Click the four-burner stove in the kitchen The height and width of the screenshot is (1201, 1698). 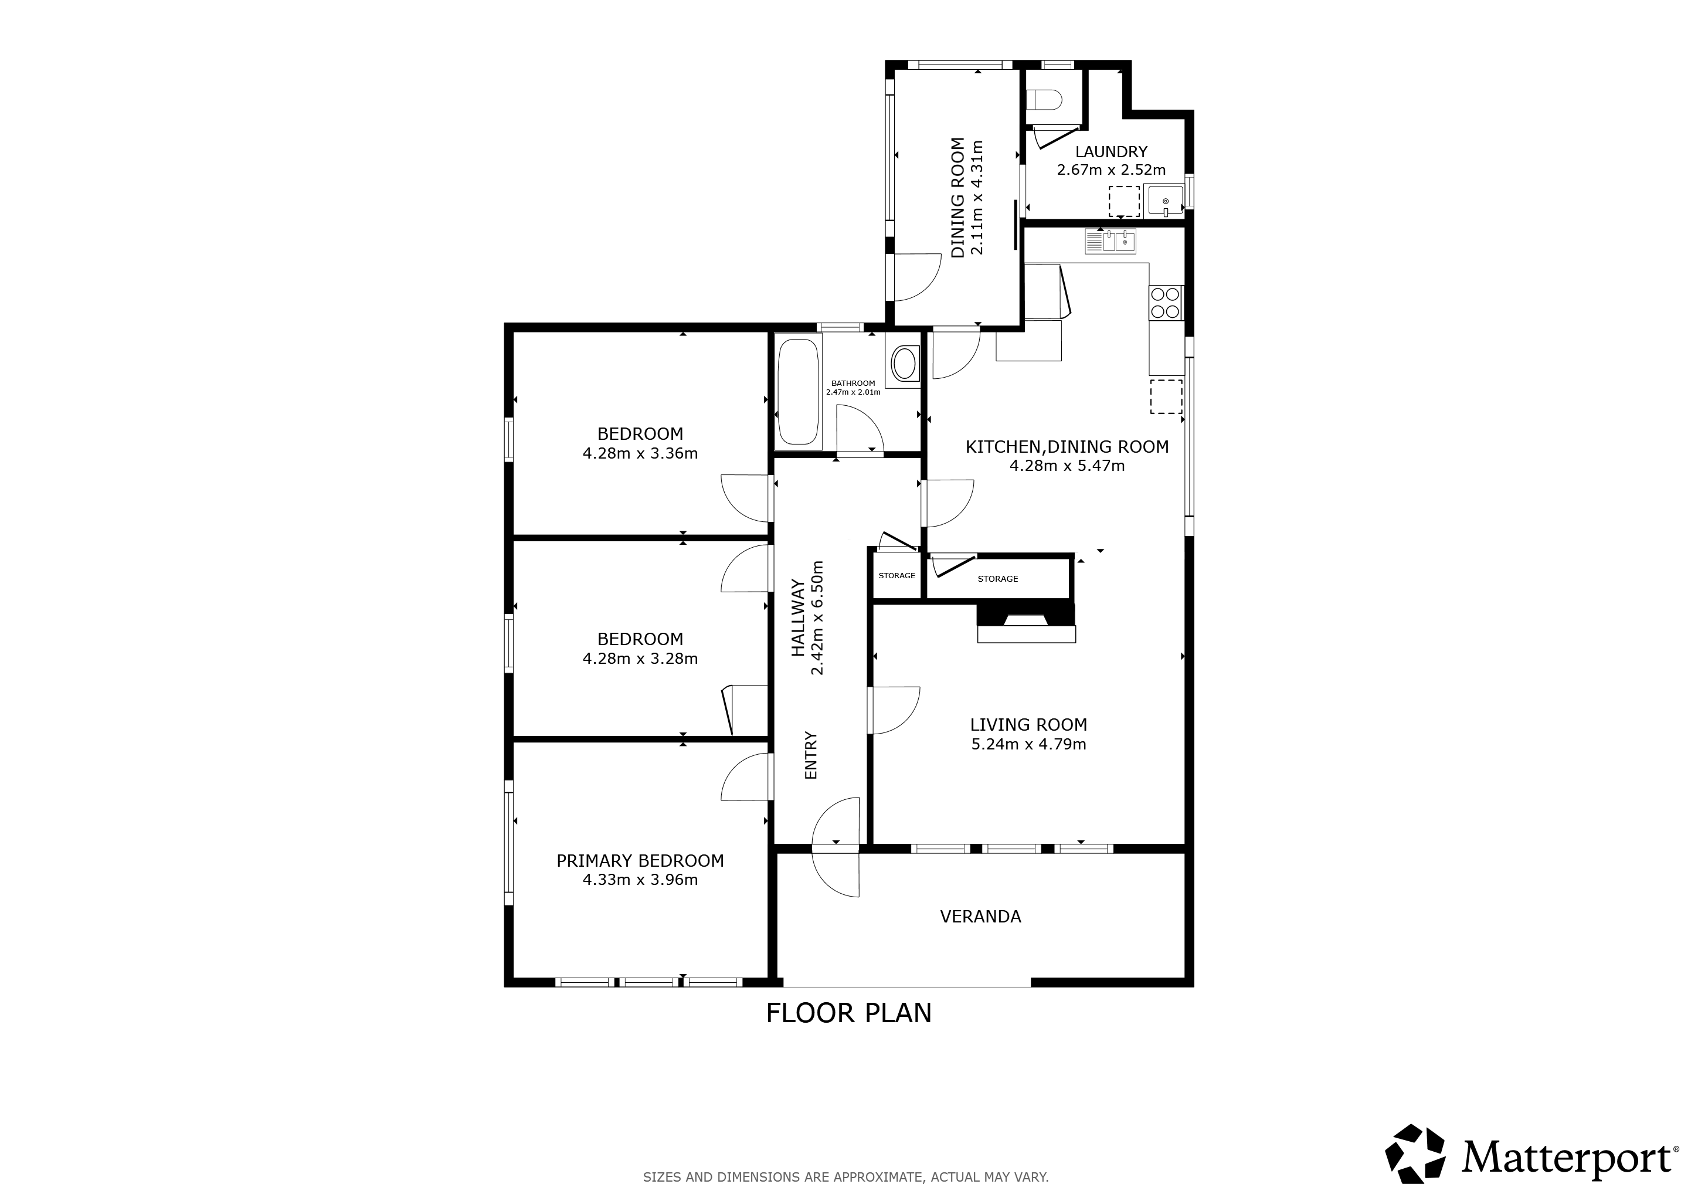pos(1166,303)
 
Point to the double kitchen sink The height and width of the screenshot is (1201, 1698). pos(1111,241)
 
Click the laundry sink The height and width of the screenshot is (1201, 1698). pos(1166,201)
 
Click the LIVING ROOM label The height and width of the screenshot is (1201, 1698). pos(1029,725)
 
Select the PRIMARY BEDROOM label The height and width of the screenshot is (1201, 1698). pos(640,861)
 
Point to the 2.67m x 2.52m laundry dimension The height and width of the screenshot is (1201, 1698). pos(1112,170)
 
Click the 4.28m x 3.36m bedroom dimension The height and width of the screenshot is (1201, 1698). pos(640,453)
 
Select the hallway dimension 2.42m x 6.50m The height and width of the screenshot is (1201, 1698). pos(817,618)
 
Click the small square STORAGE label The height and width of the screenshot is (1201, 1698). pos(897,575)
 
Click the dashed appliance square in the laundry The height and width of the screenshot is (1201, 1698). pos(1124,201)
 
